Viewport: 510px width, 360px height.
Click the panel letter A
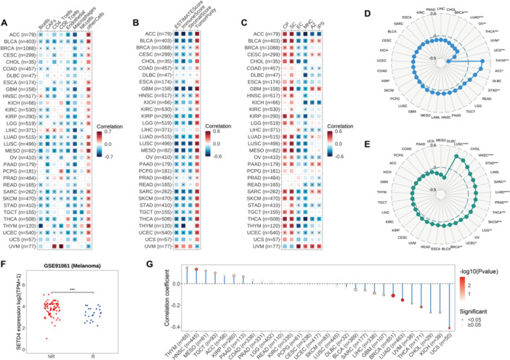[x=4, y=6]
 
